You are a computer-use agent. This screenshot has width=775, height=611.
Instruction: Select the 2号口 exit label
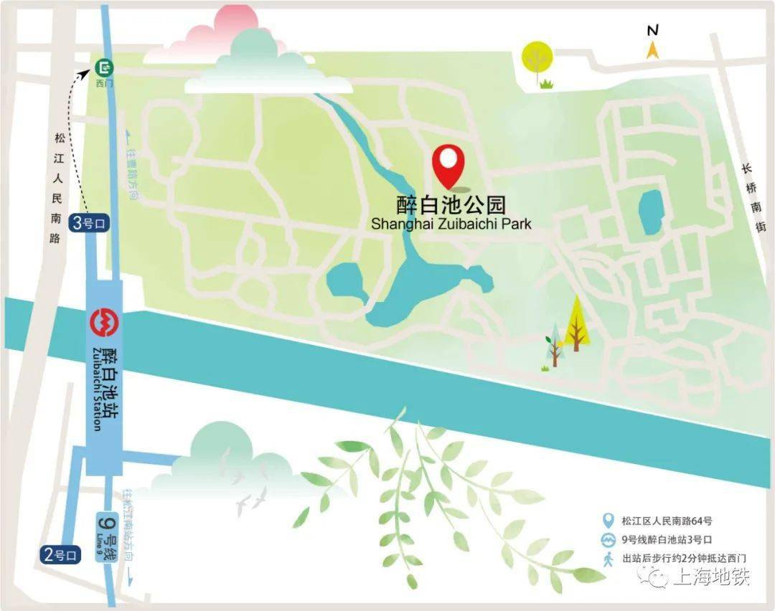[60, 554]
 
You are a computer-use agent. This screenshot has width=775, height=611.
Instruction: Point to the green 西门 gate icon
[105, 69]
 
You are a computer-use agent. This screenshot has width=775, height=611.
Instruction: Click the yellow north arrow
[652, 49]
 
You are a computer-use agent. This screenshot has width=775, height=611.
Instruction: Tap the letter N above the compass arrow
[652, 30]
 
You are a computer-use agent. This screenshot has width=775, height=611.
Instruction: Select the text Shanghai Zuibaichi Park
[451, 224]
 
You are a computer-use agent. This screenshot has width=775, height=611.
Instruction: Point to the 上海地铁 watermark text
[711, 577]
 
